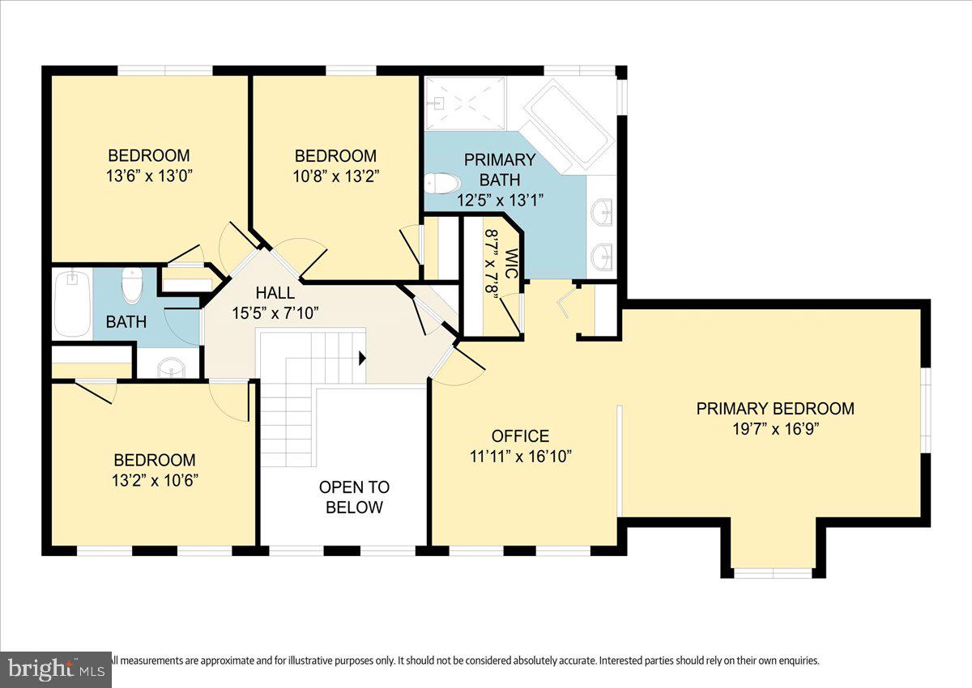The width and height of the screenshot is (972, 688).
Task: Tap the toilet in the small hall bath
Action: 131,286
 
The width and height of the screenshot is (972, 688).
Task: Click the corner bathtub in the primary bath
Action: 566,125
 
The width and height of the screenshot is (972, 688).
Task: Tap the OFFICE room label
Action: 520,436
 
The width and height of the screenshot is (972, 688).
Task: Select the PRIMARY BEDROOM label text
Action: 775,409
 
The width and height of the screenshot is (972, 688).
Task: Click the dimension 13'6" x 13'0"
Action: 149,175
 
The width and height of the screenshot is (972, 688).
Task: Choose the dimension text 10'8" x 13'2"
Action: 335,175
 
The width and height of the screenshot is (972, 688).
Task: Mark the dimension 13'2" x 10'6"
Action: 154,479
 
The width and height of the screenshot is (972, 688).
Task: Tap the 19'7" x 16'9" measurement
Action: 775,429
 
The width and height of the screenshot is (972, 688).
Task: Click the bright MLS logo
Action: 55,669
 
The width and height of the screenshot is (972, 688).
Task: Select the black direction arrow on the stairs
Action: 362,357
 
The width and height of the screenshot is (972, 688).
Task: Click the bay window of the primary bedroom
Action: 773,573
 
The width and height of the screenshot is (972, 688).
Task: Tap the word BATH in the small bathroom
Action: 126,322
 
